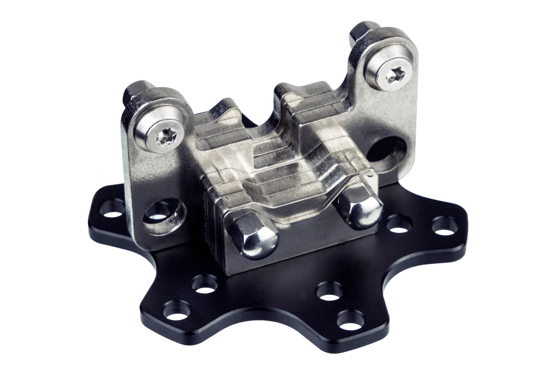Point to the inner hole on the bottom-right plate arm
pos(328,292)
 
